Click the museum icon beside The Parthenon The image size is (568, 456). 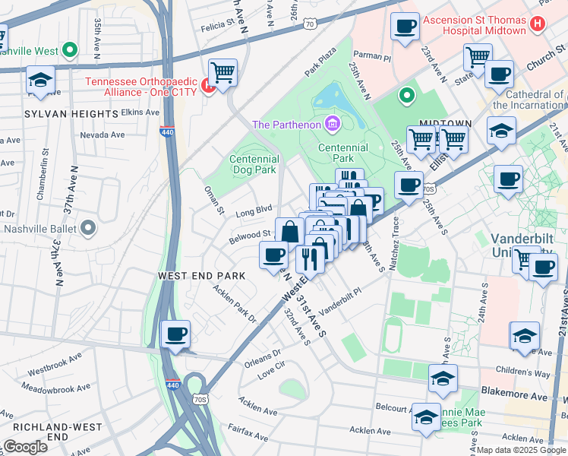[332, 123]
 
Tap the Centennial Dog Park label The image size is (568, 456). [254, 165]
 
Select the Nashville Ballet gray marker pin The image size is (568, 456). [88, 227]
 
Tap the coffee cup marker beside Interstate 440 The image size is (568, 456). [176, 334]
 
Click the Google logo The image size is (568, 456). [25, 447]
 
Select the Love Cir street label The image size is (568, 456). [270, 373]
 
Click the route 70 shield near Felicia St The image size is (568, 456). [308, 25]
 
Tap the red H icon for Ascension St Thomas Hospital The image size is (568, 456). [538, 23]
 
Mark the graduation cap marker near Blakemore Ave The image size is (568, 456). [443, 379]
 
